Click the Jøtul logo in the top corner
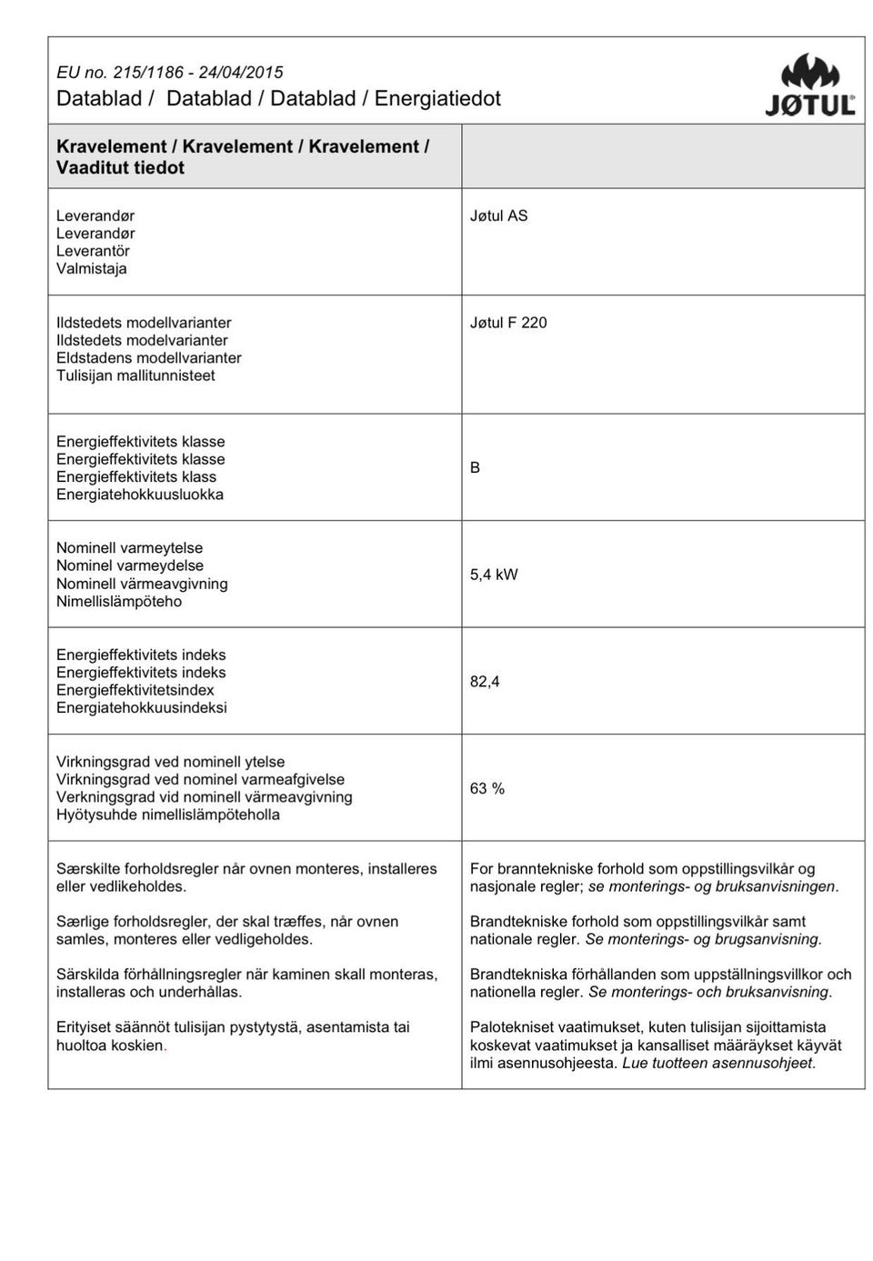coord(809,85)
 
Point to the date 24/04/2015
coord(241,73)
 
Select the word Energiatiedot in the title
coord(437,99)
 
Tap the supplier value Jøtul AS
coord(498,216)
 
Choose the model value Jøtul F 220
coord(508,323)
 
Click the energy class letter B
coord(475,467)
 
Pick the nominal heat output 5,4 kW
coord(494,575)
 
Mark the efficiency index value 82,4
coord(485,682)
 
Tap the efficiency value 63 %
coord(487,789)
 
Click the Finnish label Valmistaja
coord(92,269)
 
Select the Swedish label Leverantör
coord(93,251)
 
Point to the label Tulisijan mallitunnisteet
coord(135,375)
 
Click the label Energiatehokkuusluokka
coord(140,495)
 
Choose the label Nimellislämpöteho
coord(119,602)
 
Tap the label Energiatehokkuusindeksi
coord(142,708)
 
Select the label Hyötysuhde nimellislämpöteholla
coord(168,816)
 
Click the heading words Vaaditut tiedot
coord(120,168)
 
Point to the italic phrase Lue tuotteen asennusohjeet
coord(718,1063)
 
